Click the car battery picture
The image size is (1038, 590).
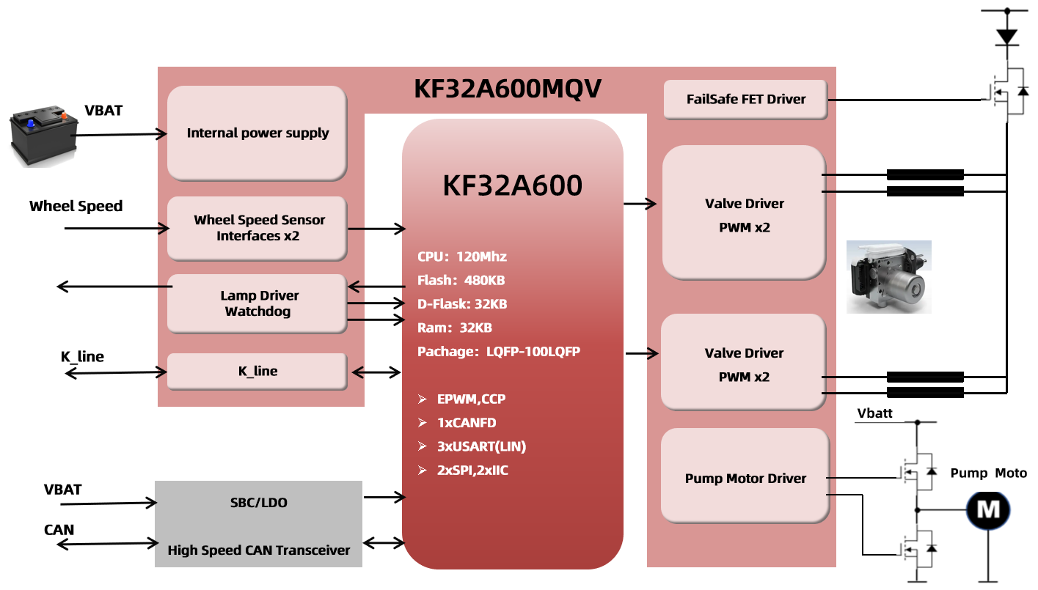[x=44, y=135]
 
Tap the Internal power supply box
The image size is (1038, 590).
[x=257, y=133]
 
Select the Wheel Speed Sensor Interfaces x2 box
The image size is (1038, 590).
[x=257, y=228]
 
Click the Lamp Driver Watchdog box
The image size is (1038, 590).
[x=257, y=303]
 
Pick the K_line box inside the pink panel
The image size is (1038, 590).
[x=257, y=372]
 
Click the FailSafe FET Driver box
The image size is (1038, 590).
[x=745, y=100]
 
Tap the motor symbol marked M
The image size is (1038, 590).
[x=988, y=510]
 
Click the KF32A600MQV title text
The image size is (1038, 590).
[x=508, y=89]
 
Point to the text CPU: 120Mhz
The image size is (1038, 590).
[x=462, y=257]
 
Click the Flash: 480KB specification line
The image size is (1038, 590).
[x=461, y=280]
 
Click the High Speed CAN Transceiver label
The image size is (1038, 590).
[x=258, y=550]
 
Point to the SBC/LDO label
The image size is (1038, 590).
[x=258, y=503]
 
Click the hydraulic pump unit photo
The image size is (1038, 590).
[x=889, y=277]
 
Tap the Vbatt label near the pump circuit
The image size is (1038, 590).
[x=874, y=413]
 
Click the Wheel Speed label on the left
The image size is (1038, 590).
[x=76, y=206]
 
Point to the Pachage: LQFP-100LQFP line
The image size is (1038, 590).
[x=499, y=352]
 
